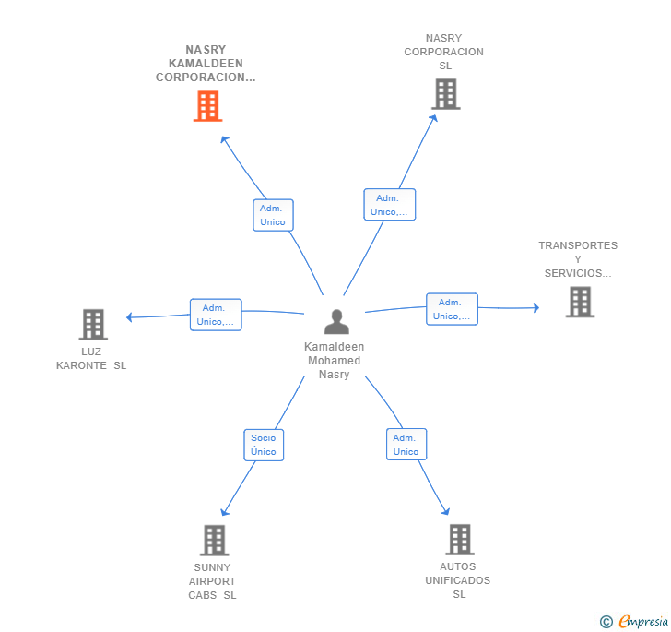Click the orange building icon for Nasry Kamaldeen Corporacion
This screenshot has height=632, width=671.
point(207,106)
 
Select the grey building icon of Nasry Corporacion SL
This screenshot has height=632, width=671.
point(445,94)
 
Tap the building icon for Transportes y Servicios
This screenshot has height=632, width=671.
point(580,302)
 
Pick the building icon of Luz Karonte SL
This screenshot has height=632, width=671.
point(93,325)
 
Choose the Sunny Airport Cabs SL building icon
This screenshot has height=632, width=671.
point(214,541)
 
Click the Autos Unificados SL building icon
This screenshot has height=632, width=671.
point(459,540)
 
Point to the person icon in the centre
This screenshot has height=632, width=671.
point(336,322)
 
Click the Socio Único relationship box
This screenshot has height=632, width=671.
point(264,445)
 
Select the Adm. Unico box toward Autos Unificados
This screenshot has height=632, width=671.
point(406,445)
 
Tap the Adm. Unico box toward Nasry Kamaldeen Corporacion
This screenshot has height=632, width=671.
point(273,215)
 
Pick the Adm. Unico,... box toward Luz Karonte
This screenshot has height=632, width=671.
point(216,315)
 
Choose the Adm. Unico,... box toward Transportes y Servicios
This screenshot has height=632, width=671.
point(452,309)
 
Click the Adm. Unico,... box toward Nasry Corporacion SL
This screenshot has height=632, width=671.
point(389,205)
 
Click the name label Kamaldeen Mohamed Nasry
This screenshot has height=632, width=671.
point(334,361)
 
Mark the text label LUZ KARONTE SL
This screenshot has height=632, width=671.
point(91,358)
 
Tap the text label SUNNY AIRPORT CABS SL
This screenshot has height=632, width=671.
point(213,581)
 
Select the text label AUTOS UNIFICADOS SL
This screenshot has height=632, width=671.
point(458,580)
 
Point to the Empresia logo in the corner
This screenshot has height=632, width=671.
point(635,621)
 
